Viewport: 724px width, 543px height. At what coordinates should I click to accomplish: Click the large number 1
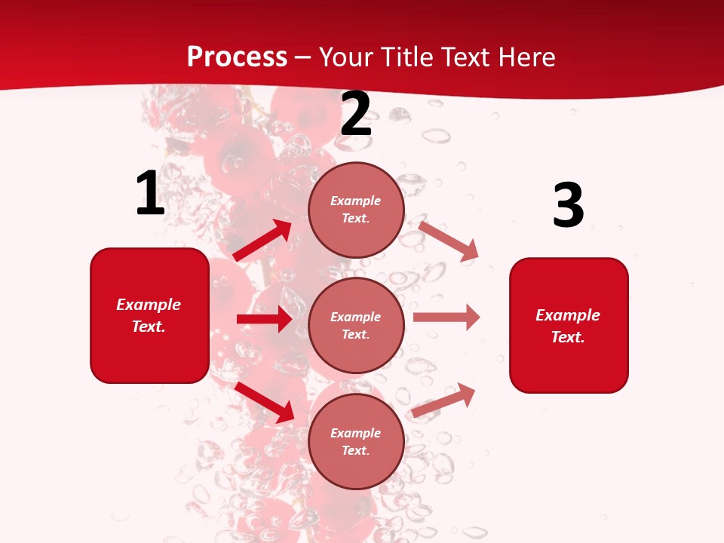(150, 194)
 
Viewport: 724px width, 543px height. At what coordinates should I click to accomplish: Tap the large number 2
(356, 114)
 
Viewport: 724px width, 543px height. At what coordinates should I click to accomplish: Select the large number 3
(568, 206)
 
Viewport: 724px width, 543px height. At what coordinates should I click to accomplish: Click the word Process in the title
(237, 57)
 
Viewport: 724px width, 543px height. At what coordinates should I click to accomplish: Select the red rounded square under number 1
(149, 315)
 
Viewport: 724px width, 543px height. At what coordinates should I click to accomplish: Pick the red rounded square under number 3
(569, 325)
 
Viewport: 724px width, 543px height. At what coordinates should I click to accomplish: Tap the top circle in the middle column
(356, 210)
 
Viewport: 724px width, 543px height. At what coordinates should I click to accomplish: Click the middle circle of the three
(356, 325)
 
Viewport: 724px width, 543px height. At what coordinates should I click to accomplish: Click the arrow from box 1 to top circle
(262, 241)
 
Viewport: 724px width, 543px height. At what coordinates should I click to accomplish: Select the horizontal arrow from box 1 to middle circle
(264, 319)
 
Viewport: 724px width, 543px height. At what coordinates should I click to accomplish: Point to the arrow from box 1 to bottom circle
(265, 402)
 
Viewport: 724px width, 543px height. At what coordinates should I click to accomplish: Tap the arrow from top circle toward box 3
(449, 241)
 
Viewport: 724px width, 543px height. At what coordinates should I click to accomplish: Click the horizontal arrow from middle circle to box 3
(446, 318)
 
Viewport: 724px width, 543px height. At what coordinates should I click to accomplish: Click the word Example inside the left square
(149, 305)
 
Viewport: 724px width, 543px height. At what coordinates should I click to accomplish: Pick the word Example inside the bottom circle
(356, 433)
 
